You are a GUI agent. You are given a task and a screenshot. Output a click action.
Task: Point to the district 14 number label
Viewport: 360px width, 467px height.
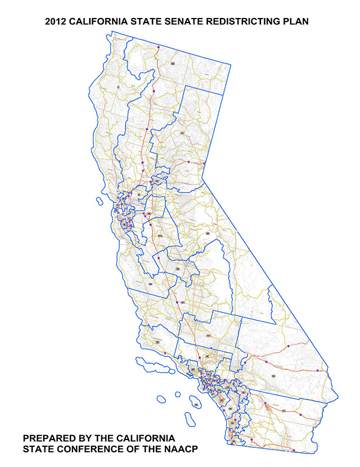click(150, 284)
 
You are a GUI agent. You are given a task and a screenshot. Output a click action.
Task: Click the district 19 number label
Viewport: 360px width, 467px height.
click(158, 341)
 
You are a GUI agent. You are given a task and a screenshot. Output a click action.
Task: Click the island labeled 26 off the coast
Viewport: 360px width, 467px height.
click(196, 403)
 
